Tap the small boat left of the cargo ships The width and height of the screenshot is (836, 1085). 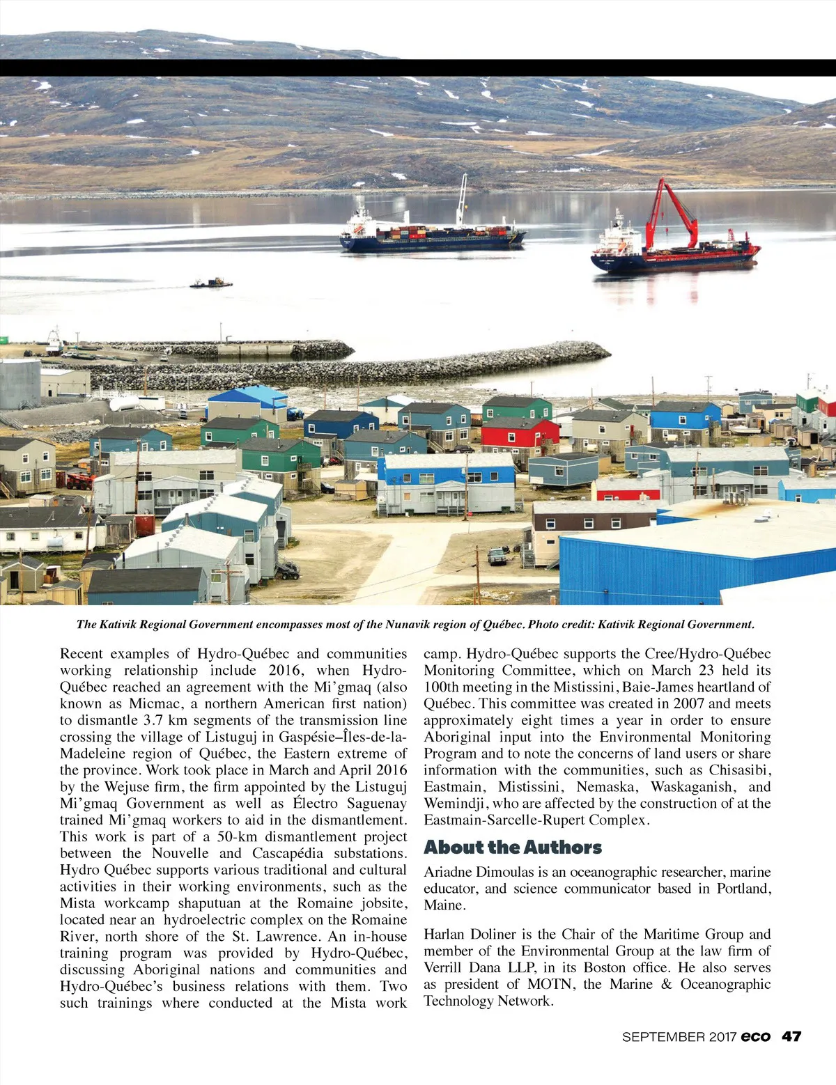click(x=211, y=283)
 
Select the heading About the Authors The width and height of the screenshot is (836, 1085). click(x=513, y=848)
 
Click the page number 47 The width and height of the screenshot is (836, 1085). click(x=791, y=1036)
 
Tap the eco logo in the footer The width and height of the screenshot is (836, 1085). click(x=756, y=1036)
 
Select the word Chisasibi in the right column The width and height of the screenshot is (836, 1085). click(x=740, y=770)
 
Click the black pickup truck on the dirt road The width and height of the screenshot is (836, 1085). click(x=497, y=556)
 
